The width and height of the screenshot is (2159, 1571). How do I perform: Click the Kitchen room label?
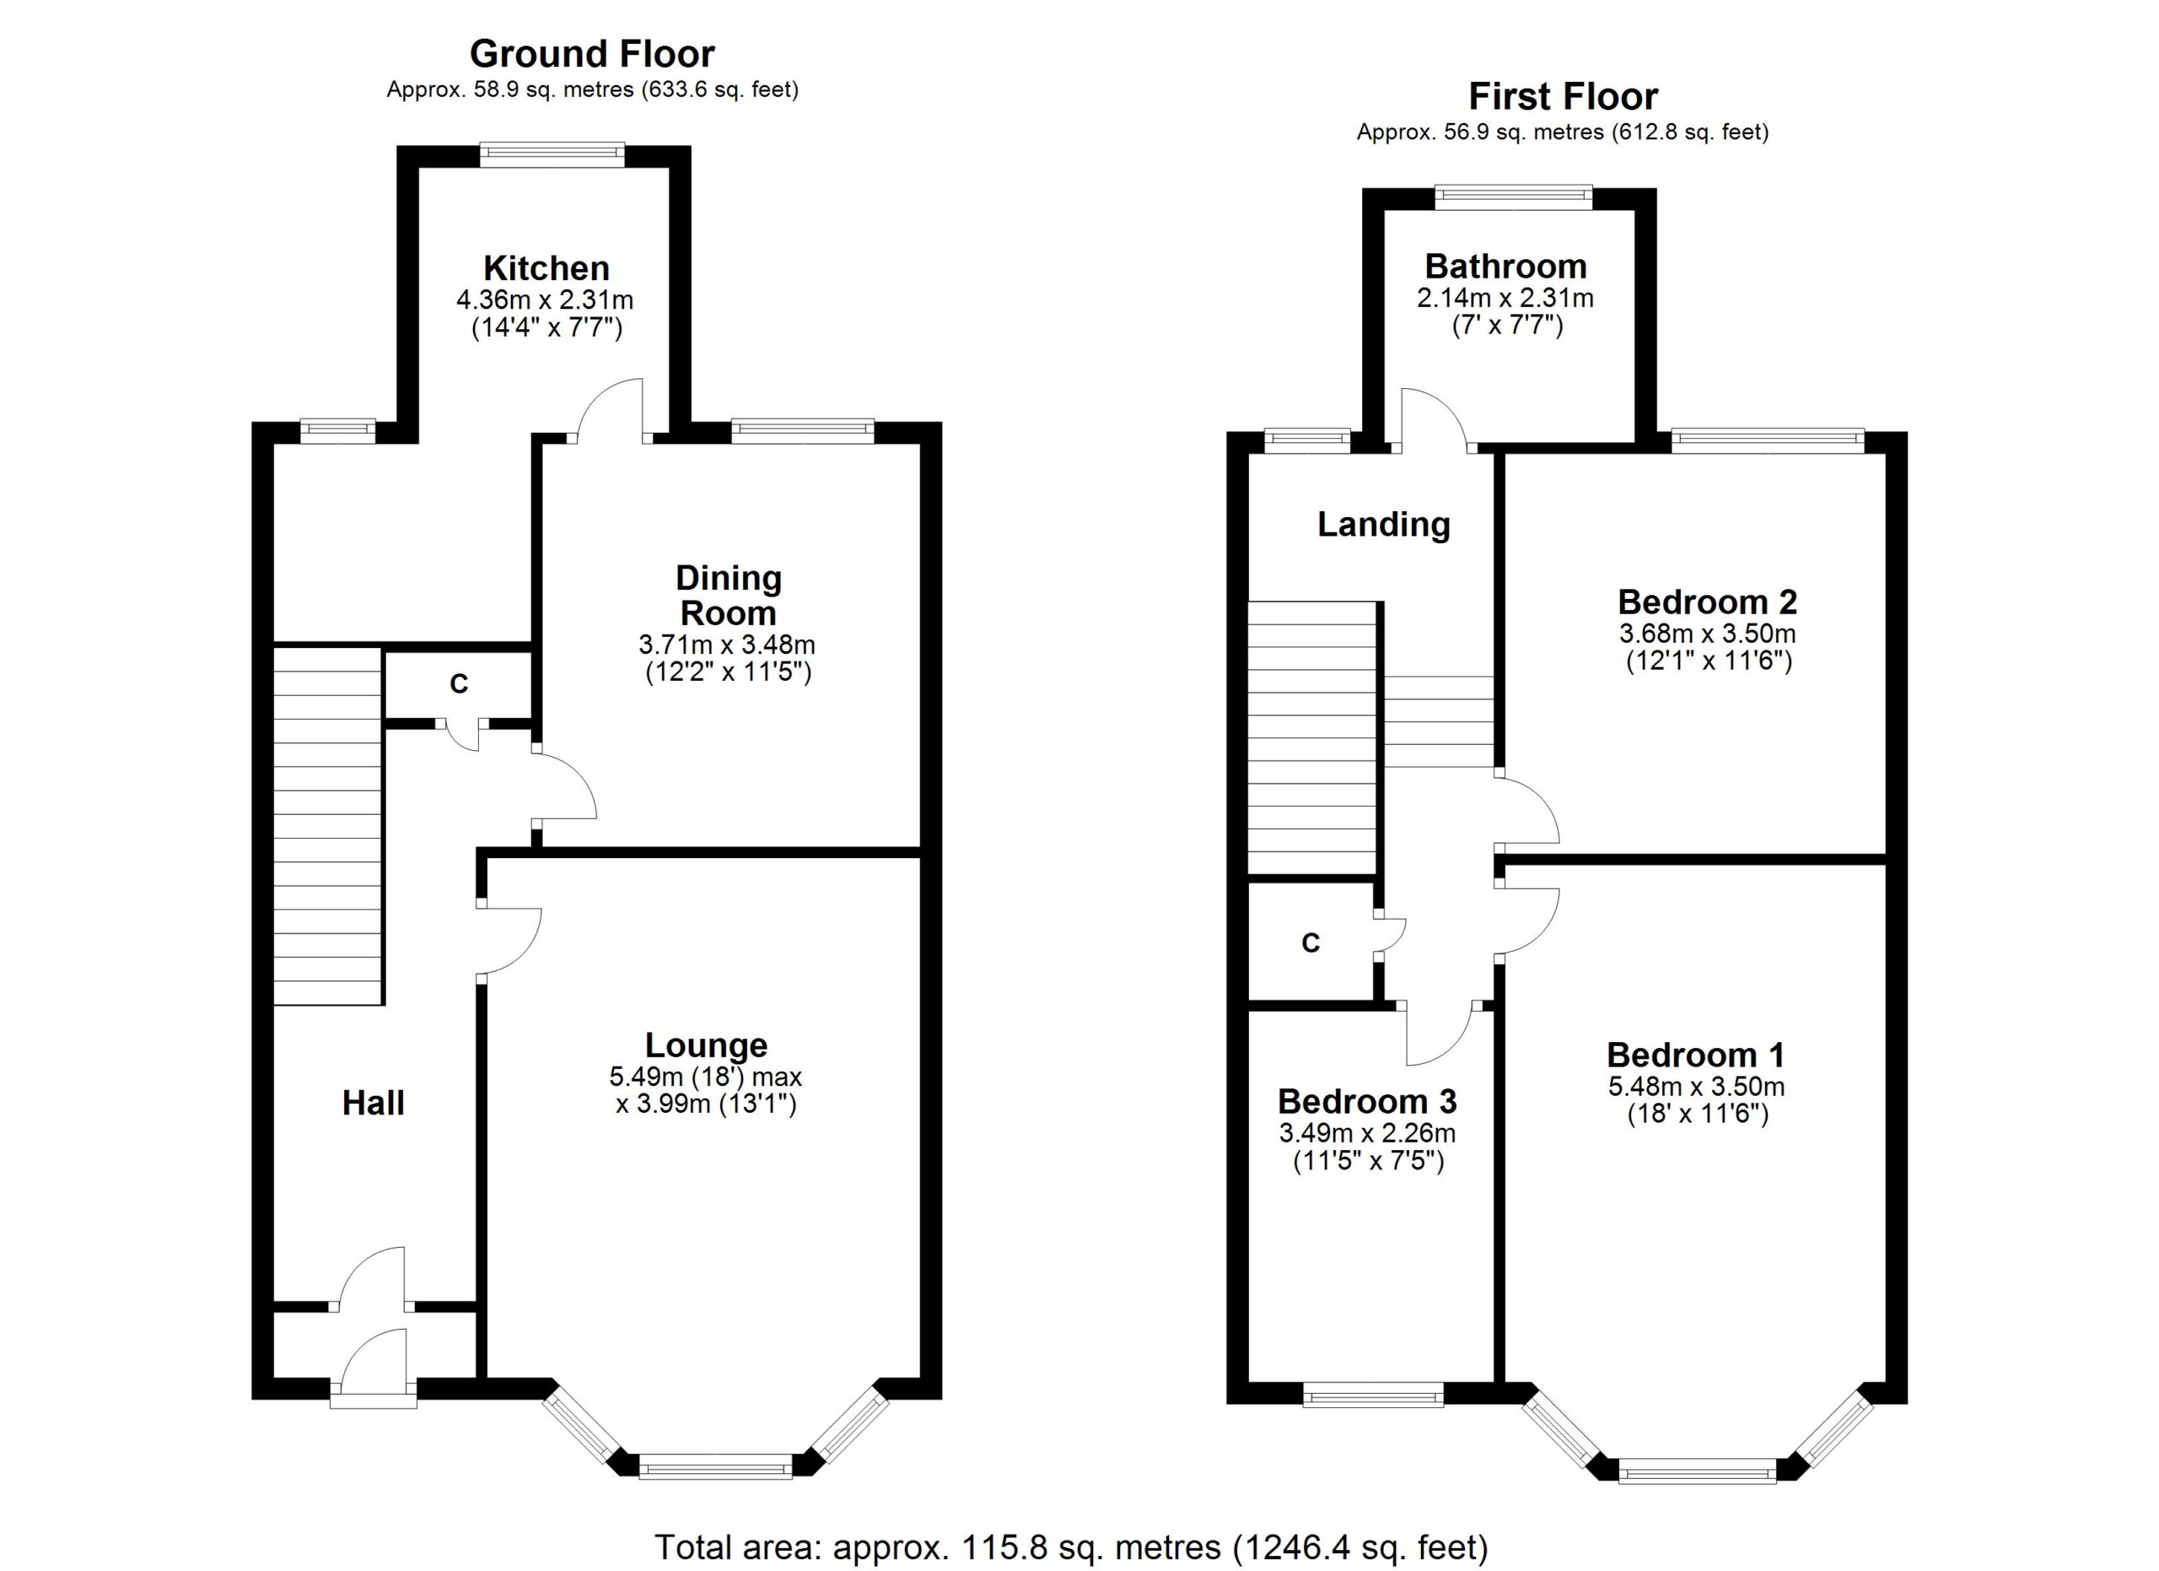(x=546, y=267)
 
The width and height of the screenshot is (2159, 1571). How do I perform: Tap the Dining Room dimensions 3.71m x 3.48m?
(x=726, y=645)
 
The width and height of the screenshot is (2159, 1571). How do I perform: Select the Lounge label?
(x=705, y=1045)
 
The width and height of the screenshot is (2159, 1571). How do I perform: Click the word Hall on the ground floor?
(x=373, y=1103)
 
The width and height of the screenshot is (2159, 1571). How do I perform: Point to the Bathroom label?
(x=1505, y=266)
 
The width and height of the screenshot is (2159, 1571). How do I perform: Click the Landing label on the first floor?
(x=1383, y=524)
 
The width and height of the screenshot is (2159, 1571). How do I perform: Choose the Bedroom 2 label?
(x=1707, y=602)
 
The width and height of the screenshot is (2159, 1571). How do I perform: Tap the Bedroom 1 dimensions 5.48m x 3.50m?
(x=1696, y=1087)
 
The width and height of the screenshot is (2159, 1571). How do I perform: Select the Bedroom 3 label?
(x=1366, y=1101)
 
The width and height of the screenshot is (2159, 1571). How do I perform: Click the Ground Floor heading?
(x=591, y=54)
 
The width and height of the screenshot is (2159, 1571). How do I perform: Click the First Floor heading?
(x=1562, y=96)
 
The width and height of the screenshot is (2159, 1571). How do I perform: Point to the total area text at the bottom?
(x=1071, y=1547)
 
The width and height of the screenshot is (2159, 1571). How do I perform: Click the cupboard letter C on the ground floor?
(x=459, y=683)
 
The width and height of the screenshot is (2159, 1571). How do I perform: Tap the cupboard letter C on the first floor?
(x=1310, y=942)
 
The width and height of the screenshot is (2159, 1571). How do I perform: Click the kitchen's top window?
(x=552, y=154)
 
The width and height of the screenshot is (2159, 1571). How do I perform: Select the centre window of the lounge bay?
(x=715, y=1466)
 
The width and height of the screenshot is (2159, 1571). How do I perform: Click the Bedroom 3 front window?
(x=1373, y=1396)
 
